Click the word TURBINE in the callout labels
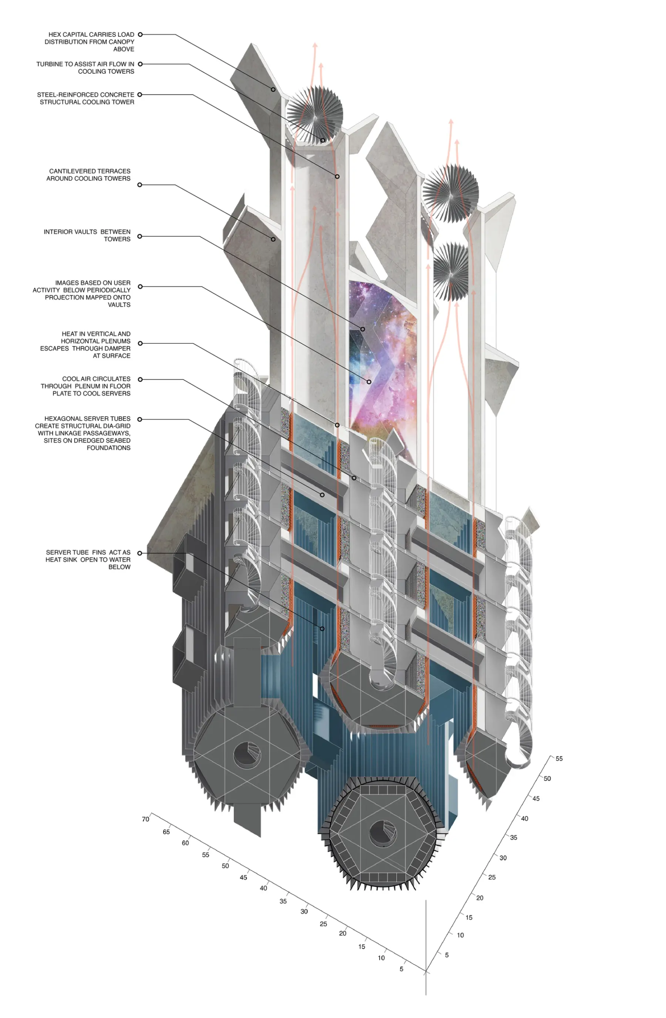[50, 64]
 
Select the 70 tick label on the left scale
[145, 819]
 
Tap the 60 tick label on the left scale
[185, 843]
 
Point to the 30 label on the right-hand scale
[503, 858]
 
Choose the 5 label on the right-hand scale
[447, 955]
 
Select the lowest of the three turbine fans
[451, 272]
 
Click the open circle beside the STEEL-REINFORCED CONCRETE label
[140, 94]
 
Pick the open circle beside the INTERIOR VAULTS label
[140, 236]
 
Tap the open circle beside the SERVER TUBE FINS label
[140, 553]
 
